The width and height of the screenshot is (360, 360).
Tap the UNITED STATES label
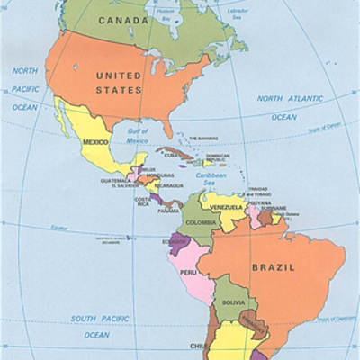(119, 83)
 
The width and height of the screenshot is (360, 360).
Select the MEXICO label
(95, 142)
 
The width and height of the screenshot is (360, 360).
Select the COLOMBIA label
(200, 220)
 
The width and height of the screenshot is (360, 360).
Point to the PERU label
(188, 272)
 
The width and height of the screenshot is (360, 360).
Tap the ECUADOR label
(175, 240)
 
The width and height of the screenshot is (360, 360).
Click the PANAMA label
(168, 211)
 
